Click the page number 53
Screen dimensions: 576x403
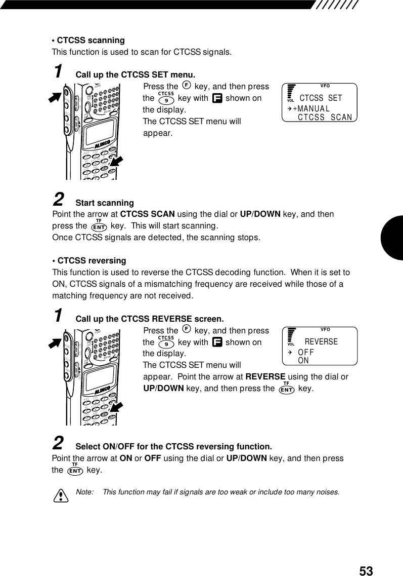[366, 571]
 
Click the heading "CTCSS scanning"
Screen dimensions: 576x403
[91, 40]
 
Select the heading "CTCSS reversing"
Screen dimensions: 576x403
[92, 260]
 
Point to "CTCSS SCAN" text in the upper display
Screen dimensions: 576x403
[325, 118]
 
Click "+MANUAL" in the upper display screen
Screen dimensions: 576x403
[311, 108]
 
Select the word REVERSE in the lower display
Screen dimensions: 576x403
[321, 342]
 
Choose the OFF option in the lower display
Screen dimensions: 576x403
[306, 353]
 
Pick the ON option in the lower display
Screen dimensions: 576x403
[303, 361]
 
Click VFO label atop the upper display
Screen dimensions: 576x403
[325, 86]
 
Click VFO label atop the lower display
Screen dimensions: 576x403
[325, 329]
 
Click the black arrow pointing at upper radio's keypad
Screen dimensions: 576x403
[117, 161]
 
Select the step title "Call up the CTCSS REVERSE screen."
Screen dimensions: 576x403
[149, 319]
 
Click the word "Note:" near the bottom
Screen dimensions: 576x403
[84, 492]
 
